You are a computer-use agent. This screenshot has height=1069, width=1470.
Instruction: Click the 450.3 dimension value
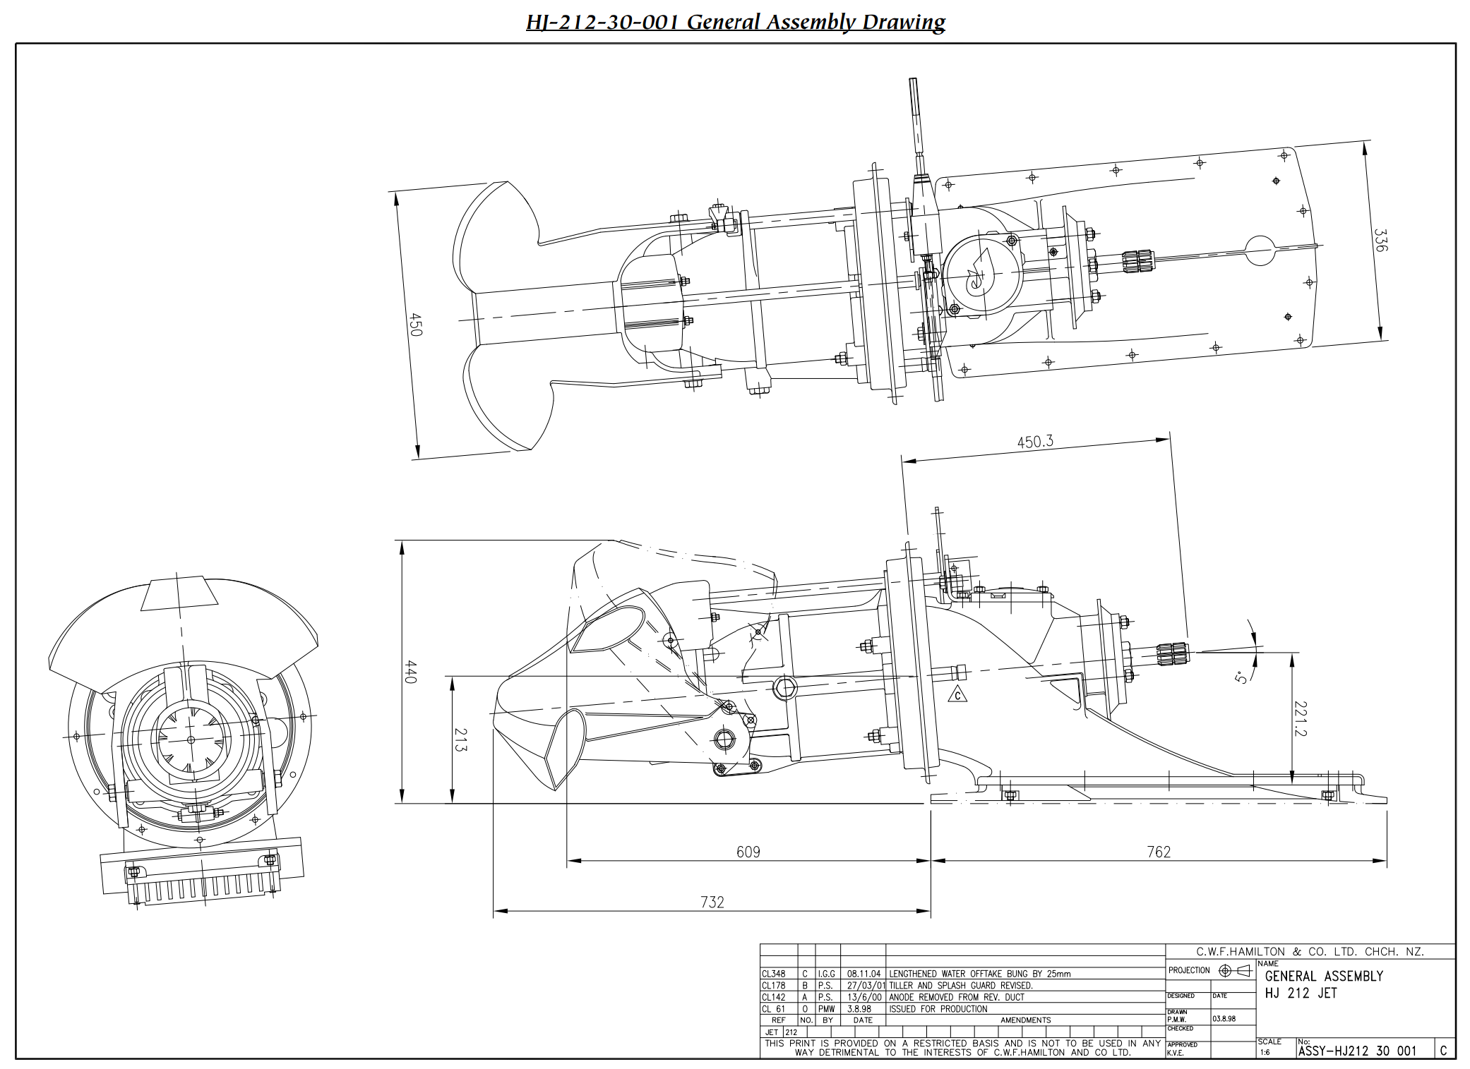point(1035,442)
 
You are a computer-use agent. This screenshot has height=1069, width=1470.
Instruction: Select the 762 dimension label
point(1159,852)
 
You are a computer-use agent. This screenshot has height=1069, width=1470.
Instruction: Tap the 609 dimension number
point(748,852)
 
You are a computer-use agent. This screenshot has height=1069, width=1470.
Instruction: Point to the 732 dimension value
point(712,902)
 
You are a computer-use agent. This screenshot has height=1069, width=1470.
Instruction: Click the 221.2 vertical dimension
point(1301,719)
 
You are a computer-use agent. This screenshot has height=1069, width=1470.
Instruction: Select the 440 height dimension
point(412,672)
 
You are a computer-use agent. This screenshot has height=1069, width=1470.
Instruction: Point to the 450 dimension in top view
point(416,324)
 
